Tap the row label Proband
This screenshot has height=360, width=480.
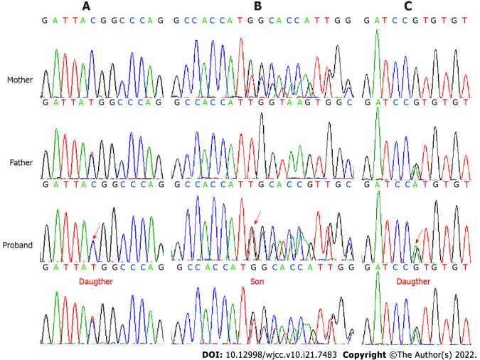tap(18, 245)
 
